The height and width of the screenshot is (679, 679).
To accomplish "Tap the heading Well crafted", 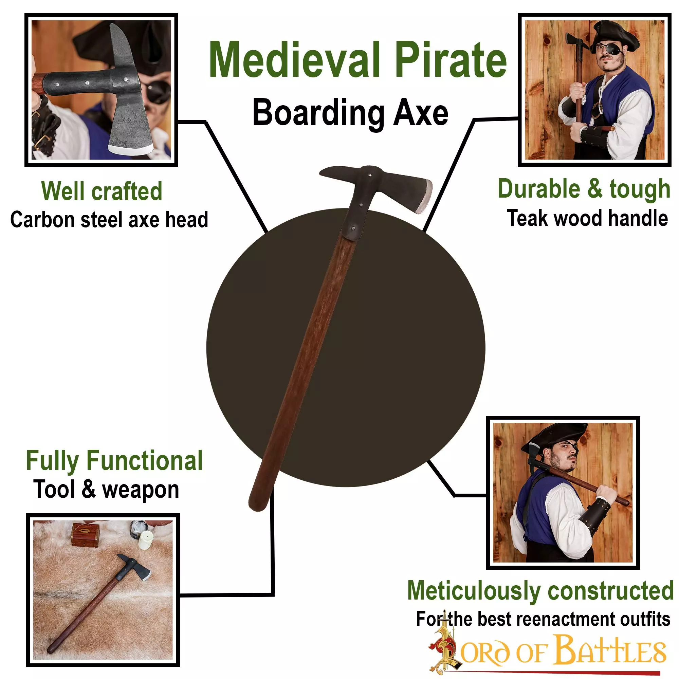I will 102,191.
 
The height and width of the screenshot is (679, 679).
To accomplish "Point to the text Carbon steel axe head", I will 109,220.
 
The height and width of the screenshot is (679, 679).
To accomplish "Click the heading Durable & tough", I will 584,189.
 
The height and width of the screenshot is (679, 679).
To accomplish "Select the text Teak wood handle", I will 587,218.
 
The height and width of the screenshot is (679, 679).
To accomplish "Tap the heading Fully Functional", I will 114,461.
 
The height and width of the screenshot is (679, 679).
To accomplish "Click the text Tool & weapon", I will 106,490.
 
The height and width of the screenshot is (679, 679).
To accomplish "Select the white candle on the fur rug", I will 146,539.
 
